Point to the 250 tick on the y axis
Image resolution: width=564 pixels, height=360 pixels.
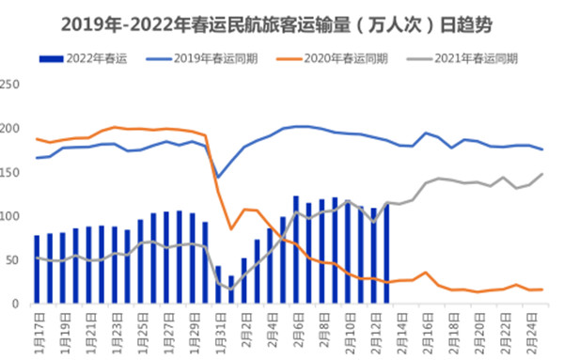(11, 85)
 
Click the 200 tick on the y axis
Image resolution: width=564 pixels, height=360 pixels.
(11, 129)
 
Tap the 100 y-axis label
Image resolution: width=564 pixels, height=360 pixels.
(11, 216)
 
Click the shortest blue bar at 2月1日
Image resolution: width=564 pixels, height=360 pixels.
(231, 290)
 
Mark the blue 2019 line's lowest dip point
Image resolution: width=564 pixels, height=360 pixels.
(218, 177)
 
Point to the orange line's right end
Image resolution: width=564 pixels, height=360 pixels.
(542, 290)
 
